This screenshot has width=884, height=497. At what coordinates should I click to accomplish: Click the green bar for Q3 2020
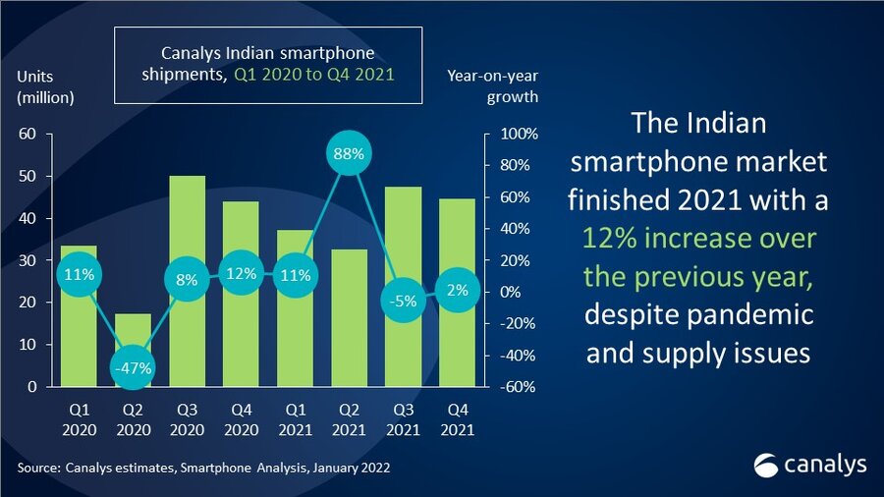pos(187,226)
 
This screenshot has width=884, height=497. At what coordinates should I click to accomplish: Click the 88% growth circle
pos(352,154)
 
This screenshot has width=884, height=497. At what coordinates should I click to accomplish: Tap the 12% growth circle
pos(242,273)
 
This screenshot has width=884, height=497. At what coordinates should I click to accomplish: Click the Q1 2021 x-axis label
pos(296,421)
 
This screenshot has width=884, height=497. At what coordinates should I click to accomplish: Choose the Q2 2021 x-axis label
pos(351,421)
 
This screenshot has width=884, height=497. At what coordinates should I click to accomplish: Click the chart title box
pos(268,65)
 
